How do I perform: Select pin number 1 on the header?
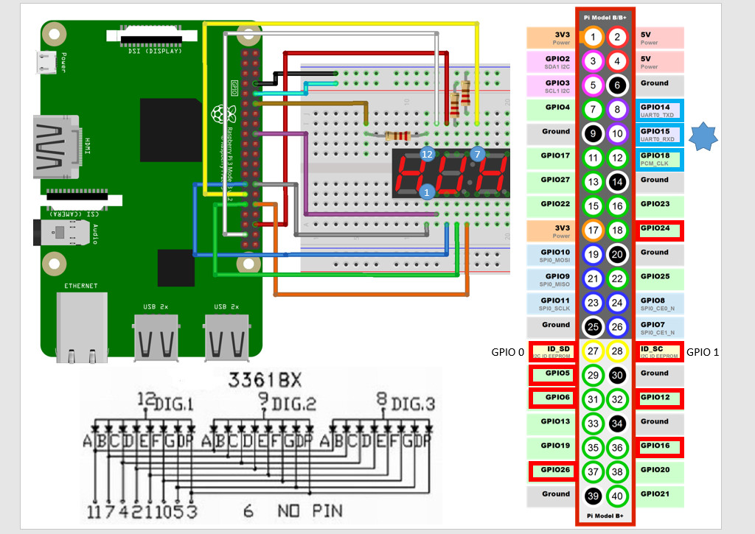pyautogui.click(x=593, y=36)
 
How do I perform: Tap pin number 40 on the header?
pyautogui.click(x=619, y=495)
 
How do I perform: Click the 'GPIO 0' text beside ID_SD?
pyautogui.click(x=507, y=352)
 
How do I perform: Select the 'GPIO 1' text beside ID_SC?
pyautogui.click(x=702, y=352)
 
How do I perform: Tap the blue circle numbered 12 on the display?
pyautogui.click(x=427, y=154)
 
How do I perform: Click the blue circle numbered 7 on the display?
pyautogui.click(x=477, y=154)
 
